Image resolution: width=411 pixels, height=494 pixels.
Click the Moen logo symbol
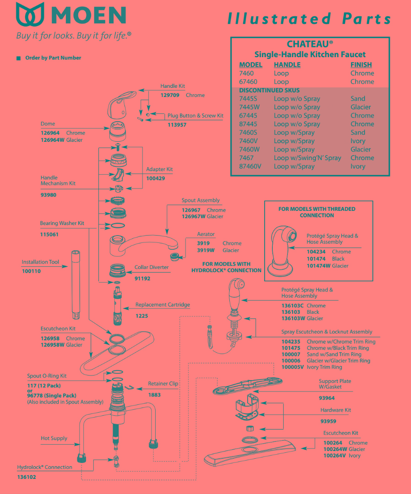point(31,15)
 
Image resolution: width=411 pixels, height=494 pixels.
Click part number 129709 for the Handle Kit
point(170,95)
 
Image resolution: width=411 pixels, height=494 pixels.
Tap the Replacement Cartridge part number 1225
point(141,316)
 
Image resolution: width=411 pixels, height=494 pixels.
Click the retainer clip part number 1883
point(154,395)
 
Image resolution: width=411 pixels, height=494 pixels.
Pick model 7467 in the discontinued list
point(246,158)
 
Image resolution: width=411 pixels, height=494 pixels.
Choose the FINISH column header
point(361,65)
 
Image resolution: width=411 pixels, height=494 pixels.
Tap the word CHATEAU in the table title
point(308,44)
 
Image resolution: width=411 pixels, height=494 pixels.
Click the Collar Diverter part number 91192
point(142,278)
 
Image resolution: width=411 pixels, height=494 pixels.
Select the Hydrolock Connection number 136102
point(27,477)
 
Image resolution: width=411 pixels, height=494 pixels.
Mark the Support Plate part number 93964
point(327,398)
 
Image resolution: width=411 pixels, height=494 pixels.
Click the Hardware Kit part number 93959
point(328,421)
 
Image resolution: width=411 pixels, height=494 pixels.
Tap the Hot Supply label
point(54,438)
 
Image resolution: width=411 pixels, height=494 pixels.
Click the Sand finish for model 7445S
point(358,98)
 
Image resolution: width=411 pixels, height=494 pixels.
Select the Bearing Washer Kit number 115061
point(49,234)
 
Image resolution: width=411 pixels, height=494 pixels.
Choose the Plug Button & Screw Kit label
point(195,116)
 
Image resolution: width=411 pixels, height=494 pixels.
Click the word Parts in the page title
point(366,19)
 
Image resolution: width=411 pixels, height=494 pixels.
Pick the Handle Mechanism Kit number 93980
point(49,195)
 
